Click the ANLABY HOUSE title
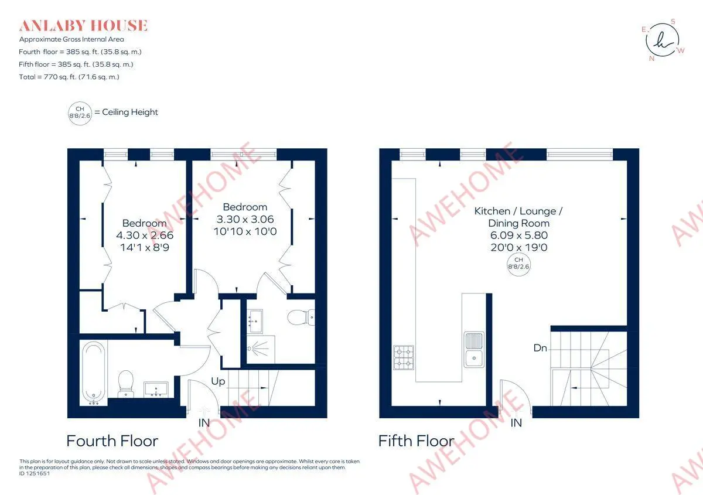(x=83, y=26)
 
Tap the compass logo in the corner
(x=662, y=40)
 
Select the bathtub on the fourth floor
(x=94, y=374)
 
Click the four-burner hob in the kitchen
(x=403, y=357)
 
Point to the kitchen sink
(x=474, y=350)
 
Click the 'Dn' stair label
(x=540, y=348)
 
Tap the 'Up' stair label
(x=218, y=381)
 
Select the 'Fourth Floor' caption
(x=112, y=441)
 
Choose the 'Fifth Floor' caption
(x=416, y=441)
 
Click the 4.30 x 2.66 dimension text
(x=145, y=235)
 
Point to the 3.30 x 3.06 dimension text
(x=245, y=219)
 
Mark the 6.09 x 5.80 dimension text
(x=519, y=235)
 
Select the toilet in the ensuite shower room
(x=301, y=317)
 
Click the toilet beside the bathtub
(x=126, y=383)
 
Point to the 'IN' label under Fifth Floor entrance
(x=516, y=423)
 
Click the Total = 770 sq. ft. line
(x=69, y=77)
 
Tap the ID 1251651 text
(x=35, y=474)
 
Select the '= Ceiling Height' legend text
(x=126, y=112)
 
